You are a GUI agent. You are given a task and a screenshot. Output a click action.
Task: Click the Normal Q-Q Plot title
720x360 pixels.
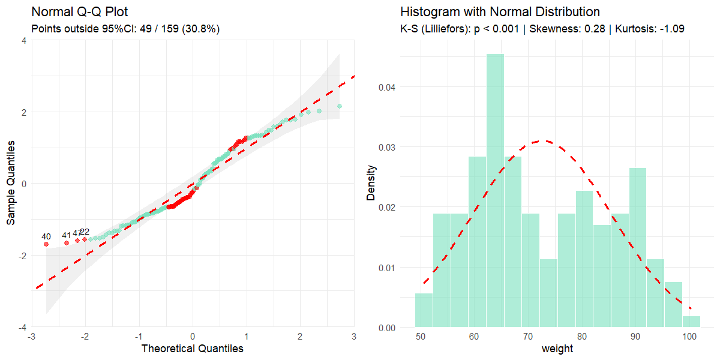[79, 12]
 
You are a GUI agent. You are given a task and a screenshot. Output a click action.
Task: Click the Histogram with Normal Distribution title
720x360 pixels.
[500, 12]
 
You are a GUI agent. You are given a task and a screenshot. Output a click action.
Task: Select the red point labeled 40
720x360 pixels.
[46, 244]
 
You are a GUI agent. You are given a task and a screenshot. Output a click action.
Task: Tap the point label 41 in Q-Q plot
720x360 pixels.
[67, 235]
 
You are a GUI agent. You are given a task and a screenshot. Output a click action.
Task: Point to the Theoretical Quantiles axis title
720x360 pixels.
[192, 349]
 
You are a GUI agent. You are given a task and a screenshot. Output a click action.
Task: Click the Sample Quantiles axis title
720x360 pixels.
[11, 184]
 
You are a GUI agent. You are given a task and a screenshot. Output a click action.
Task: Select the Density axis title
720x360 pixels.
[371, 184]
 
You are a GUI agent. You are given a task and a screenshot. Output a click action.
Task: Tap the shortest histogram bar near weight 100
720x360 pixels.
[691, 322]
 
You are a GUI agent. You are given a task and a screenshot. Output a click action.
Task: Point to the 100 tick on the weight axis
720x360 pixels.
[689, 337]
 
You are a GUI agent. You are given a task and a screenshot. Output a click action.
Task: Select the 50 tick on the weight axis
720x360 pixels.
[421, 337]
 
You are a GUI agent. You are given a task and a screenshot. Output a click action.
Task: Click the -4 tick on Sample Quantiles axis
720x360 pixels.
[23, 328]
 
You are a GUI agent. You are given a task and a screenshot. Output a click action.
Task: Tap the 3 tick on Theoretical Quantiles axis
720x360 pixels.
[354, 337]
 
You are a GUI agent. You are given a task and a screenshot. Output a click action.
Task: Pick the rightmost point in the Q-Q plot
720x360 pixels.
[340, 106]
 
